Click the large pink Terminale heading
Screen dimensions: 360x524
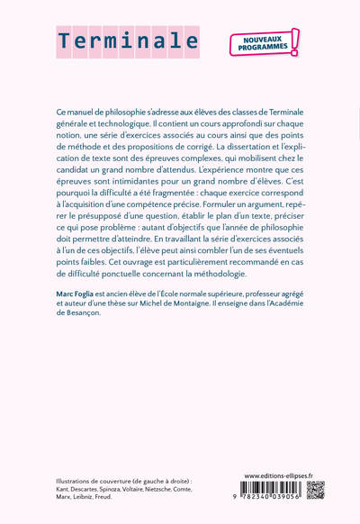click(x=129, y=41)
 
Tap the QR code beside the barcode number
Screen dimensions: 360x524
click(x=315, y=491)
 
